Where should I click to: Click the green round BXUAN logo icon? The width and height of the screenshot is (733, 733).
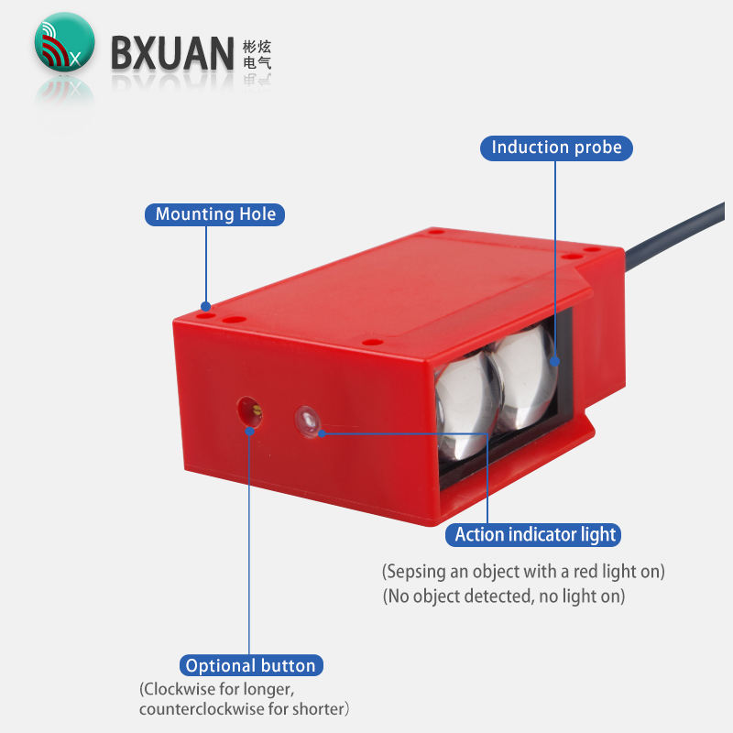pyautogui.click(x=64, y=42)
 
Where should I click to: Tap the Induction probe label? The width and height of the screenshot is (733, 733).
pyautogui.click(x=556, y=148)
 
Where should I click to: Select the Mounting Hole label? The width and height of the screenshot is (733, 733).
pyautogui.click(x=215, y=214)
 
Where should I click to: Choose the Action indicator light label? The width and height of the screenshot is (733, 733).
pyautogui.click(x=537, y=534)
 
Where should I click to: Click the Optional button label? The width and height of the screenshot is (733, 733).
pyautogui.click(x=250, y=666)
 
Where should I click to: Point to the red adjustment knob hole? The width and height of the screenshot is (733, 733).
pyautogui.click(x=248, y=410)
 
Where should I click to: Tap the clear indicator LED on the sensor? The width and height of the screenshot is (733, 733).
pyautogui.click(x=306, y=421)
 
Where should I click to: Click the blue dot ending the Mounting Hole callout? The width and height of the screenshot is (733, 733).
pyautogui.click(x=206, y=307)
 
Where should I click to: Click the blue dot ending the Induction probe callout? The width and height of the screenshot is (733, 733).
pyautogui.click(x=555, y=361)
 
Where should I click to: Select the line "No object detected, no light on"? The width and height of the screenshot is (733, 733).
pyautogui.click(x=504, y=596)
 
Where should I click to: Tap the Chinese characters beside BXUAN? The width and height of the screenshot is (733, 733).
pyautogui.click(x=257, y=55)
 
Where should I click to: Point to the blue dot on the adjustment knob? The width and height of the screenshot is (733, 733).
pyautogui.click(x=249, y=427)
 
